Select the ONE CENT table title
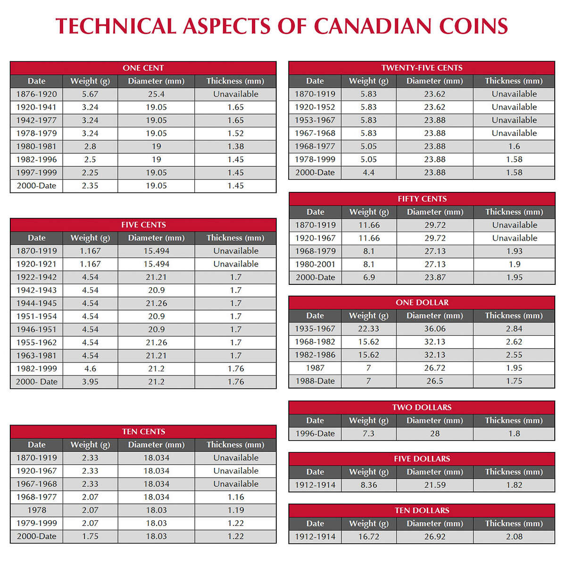pos(143,68)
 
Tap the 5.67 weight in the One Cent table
pos(90,94)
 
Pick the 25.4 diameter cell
pos(156,94)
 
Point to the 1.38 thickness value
pos(235,147)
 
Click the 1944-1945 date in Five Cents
pos(36,303)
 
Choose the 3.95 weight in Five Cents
pos(90,382)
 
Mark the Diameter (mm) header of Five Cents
pos(156,238)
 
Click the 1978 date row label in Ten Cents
pos(36,510)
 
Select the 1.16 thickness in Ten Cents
pos(235,497)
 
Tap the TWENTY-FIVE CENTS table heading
pos(422,68)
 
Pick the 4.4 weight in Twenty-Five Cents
pos(368,173)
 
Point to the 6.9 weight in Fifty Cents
pos(369,277)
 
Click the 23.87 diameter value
pos(435,277)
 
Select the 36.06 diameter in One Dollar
pos(435,329)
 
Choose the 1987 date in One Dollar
pos(315,368)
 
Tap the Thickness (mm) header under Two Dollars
pos(514,420)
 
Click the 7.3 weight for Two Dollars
pos(368,433)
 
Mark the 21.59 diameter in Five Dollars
pos(435,485)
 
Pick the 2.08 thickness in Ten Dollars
pos(514,537)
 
